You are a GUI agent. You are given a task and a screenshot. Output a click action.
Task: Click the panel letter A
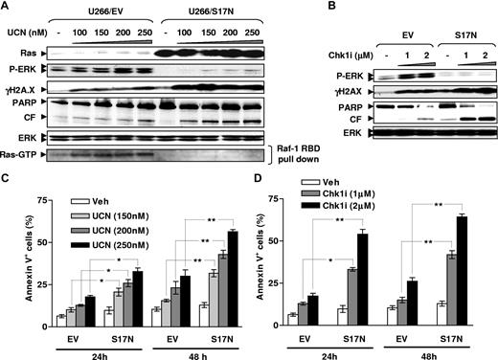pyautogui.click(x=7, y=8)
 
